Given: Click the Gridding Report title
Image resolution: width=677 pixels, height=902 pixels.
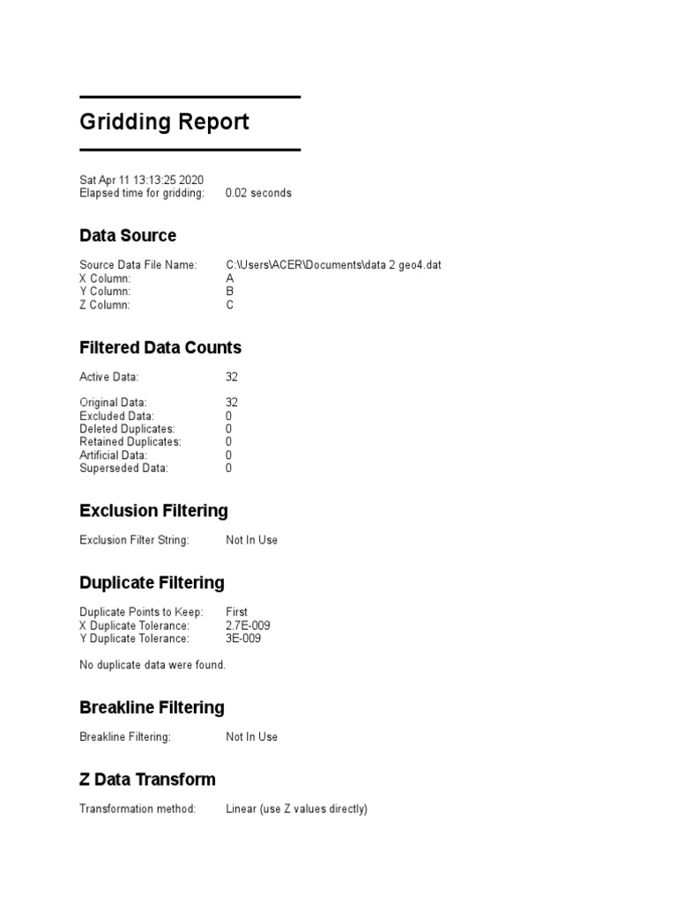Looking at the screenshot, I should [164, 122].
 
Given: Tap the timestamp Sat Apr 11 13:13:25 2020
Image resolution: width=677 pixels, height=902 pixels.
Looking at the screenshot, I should [141, 180].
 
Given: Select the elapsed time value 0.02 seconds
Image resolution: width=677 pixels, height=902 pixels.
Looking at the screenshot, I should [258, 193].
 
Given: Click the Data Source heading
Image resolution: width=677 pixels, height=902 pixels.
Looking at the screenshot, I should [128, 235].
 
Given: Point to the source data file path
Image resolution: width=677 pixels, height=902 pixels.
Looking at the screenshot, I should [333, 265].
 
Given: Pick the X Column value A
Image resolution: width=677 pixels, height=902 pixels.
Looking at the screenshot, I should [230, 278].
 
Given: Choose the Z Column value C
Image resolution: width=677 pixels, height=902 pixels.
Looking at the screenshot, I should [230, 305].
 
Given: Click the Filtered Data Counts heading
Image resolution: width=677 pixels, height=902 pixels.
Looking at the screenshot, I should [160, 348].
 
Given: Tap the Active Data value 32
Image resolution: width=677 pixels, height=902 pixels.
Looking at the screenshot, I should [232, 377].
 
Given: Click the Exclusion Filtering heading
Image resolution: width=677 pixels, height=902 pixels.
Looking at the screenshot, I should [153, 511].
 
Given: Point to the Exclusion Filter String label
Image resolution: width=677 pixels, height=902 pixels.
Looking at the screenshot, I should [134, 540].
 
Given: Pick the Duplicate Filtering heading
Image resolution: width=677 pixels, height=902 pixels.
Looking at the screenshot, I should [152, 583].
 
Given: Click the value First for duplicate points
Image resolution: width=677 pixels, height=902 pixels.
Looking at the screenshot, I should [236, 612].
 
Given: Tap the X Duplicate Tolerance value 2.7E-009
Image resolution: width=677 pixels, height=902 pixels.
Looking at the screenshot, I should [248, 625].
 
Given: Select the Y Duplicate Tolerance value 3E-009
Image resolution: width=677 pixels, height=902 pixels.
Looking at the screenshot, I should [242, 639].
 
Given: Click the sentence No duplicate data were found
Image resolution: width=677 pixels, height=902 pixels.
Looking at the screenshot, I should [153, 665].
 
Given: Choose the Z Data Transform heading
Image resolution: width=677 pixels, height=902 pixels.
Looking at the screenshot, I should [147, 780].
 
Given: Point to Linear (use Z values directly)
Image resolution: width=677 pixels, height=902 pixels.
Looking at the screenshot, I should [296, 809].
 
